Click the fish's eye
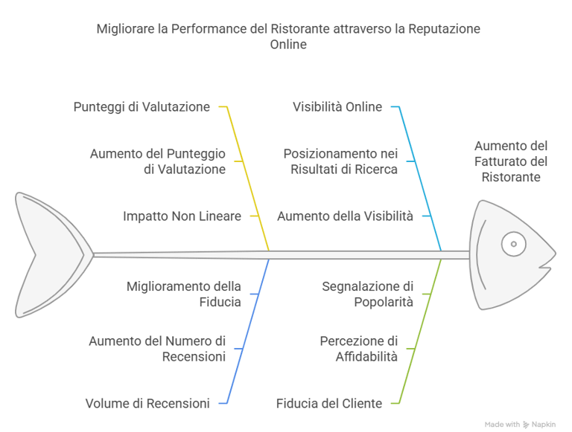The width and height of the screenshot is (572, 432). [513, 243]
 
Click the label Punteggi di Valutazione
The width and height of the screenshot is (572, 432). [142, 106]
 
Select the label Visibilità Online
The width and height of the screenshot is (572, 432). [337, 106]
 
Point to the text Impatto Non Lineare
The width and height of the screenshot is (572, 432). [182, 216]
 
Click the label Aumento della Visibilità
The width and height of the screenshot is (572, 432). [345, 216]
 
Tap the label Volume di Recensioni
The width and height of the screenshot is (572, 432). [147, 403]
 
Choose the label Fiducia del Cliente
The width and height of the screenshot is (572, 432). [328, 403]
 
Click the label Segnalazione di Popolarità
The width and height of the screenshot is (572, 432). [367, 293]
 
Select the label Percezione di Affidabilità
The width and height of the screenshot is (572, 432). [358, 348]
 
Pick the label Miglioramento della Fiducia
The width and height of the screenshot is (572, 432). [183, 293]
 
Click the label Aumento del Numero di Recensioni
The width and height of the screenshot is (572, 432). [156, 348]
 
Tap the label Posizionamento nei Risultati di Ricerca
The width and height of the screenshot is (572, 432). [340, 161]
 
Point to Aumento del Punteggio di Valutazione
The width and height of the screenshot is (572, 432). [157, 161]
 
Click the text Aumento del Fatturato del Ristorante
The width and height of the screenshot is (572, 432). [511, 161]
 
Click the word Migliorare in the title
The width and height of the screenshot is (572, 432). [122, 29]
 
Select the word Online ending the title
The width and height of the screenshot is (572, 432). [287, 45]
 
